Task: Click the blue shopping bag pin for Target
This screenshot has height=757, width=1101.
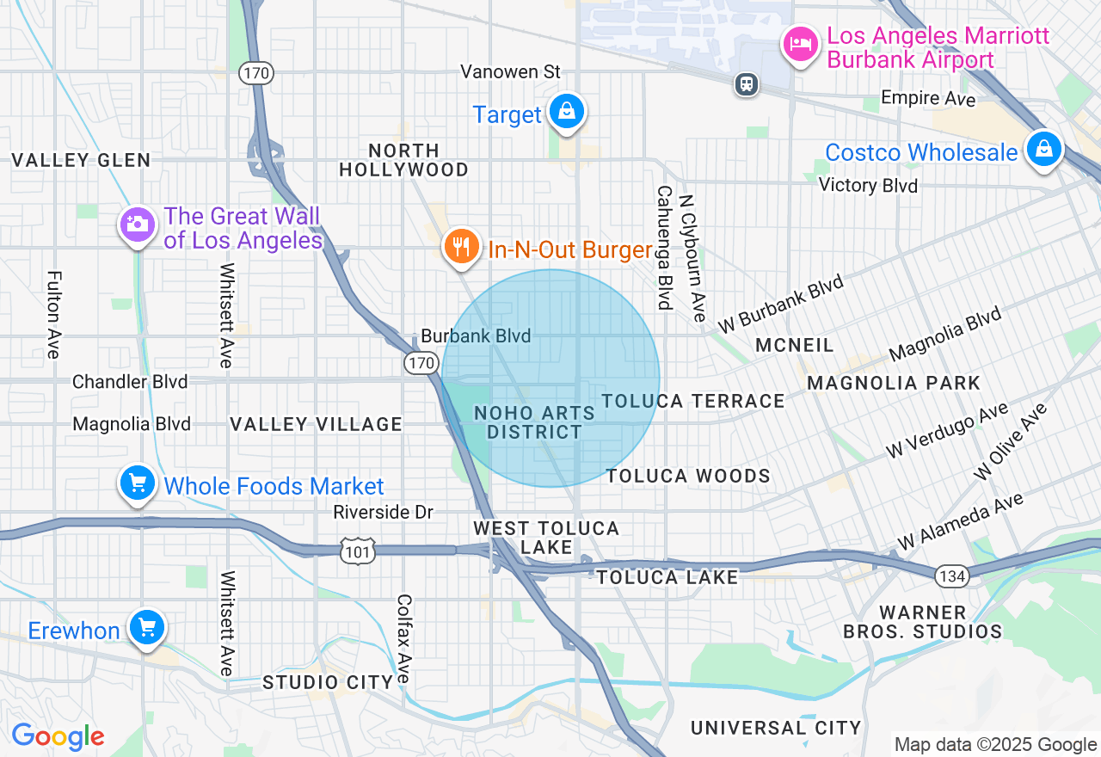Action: [567, 112]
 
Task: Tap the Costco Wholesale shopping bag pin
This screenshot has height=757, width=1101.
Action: [1043, 150]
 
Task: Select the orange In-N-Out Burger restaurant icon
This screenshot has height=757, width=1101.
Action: [462, 247]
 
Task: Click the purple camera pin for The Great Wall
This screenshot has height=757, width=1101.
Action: [137, 225]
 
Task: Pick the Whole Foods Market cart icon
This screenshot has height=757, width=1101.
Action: [138, 483]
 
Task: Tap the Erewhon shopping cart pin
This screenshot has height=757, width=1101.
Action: [146, 627]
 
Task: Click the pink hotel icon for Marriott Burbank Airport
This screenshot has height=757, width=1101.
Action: [801, 43]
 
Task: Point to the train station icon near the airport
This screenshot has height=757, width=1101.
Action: [746, 83]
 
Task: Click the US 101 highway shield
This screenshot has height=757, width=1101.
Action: [356, 551]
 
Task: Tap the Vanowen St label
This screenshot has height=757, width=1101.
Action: [510, 71]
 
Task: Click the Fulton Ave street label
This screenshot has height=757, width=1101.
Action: [54, 315]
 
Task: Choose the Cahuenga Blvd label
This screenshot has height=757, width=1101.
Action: [664, 248]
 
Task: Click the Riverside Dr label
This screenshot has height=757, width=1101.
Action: [384, 512]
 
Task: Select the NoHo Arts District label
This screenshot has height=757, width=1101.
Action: [534, 422]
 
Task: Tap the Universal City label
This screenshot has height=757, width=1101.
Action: [776, 728]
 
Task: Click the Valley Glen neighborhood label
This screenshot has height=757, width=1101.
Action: [81, 160]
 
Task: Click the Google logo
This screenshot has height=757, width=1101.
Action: [58, 736]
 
